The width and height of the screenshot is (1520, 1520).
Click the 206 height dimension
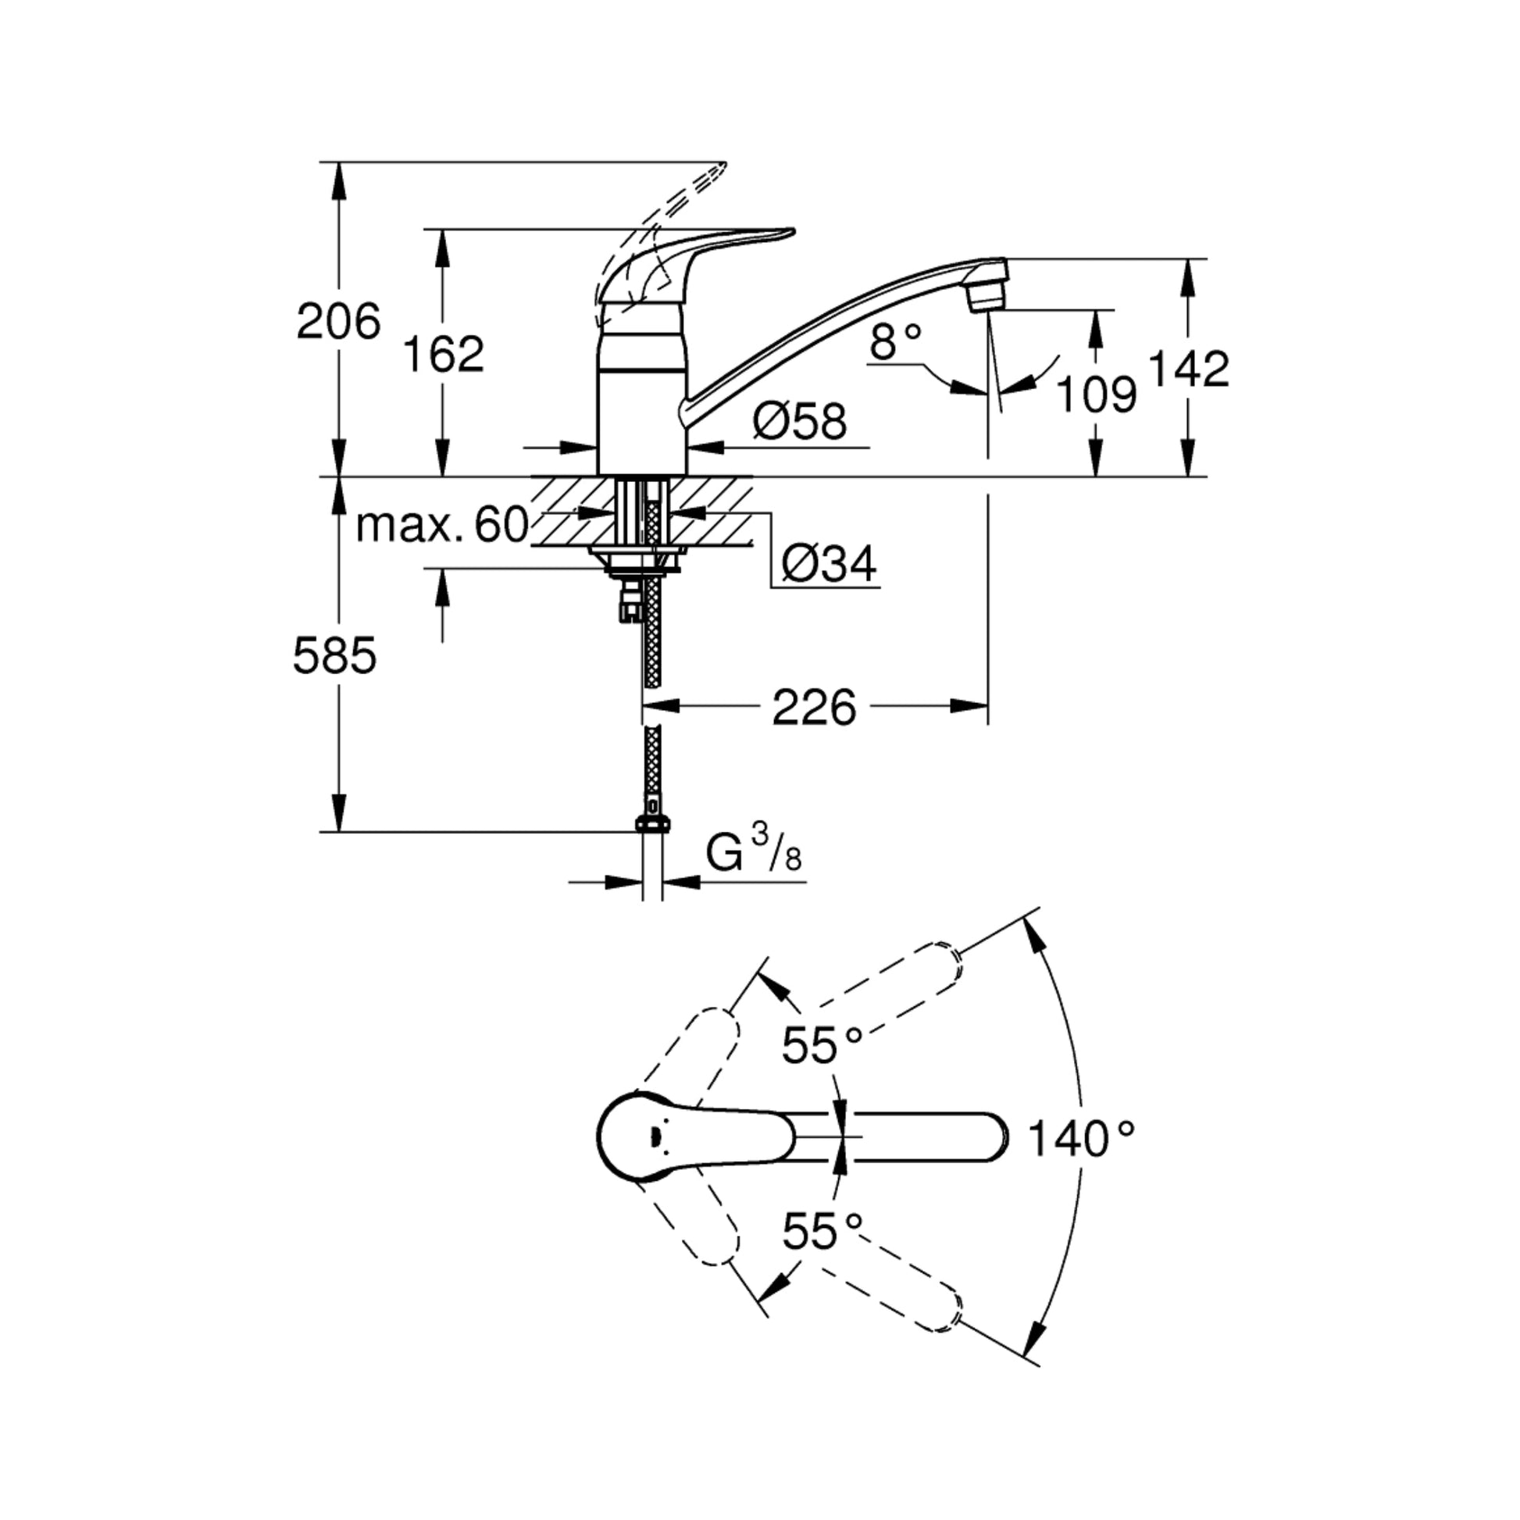(x=338, y=323)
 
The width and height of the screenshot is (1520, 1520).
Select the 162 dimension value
(x=443, y=354)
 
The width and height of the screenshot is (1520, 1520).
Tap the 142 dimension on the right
(x=1189, y=368)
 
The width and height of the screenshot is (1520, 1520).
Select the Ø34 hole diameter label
(x=829, y=563)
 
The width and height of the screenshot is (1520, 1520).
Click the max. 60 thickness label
(x=441, y=525)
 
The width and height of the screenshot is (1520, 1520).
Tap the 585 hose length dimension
(x=335, y=655)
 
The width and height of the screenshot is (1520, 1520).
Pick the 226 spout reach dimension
(x=812, y=708)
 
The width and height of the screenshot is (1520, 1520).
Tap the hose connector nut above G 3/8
(x=653, y=824)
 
